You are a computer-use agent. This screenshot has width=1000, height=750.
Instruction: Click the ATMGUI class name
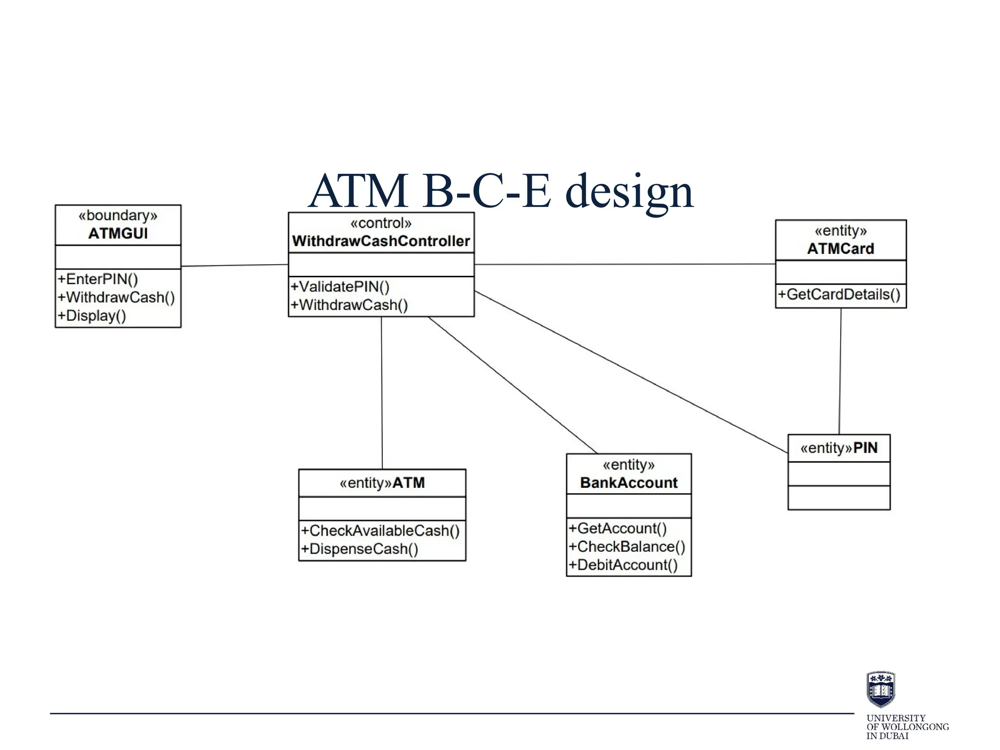pos(118,233)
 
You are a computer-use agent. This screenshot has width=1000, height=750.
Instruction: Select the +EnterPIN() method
pos(98,279)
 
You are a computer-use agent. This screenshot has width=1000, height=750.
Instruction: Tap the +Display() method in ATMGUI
pos(92,316)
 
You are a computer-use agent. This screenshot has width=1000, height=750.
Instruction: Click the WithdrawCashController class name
pos(381,241)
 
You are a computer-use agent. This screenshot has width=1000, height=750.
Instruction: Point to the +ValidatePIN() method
pos(340,287)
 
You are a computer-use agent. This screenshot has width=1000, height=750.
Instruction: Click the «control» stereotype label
pos(381,223)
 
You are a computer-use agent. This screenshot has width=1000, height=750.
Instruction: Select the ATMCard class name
pos(840,249)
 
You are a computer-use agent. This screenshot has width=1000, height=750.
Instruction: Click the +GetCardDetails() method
pos(839,294)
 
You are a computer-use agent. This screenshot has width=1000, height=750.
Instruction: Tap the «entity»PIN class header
pos(839,448)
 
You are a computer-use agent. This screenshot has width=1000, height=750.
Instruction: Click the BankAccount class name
pos(628,483)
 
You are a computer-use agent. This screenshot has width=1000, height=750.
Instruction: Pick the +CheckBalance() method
pos(627,547)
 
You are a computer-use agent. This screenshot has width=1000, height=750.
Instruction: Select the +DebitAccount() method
pos(623,565)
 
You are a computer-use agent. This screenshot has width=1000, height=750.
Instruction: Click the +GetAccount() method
pos(618,529)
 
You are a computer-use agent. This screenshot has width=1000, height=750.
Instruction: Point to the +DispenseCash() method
pos(360,549)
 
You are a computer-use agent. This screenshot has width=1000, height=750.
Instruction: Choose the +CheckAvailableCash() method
pos(380,531)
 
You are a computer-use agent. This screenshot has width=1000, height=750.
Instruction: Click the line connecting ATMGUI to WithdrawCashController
pos(234,266)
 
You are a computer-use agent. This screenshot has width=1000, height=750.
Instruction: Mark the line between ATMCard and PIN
pos(840,371)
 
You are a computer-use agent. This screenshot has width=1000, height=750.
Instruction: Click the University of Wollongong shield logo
pos(880,689)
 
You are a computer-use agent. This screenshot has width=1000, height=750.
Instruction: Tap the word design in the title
pos(629,192)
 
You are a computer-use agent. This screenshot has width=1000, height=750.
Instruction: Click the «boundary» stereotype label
pos(118,215)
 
